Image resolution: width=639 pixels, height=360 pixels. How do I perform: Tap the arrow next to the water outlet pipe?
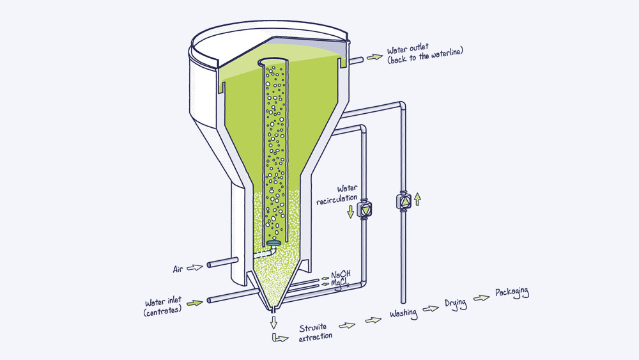click(x=375, y=56)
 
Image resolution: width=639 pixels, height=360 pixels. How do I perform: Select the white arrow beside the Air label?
click(x=195, y=267)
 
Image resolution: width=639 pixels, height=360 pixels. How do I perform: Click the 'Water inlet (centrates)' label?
click(x=162, y=305)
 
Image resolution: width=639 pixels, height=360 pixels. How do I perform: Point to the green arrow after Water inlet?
click(x=195, y=302)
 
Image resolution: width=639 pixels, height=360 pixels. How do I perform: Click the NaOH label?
click(x=341, y=274)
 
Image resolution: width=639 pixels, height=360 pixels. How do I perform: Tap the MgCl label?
click(x=341, y=283)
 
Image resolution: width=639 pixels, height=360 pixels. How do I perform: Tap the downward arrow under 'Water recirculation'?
click(x=350, y=212)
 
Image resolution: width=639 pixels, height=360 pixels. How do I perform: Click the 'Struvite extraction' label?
click(x=316, y=333)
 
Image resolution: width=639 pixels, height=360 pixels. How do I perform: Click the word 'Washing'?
click(x=403, y=314)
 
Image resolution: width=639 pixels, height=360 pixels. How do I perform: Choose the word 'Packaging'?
click(x=512, y=293)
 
